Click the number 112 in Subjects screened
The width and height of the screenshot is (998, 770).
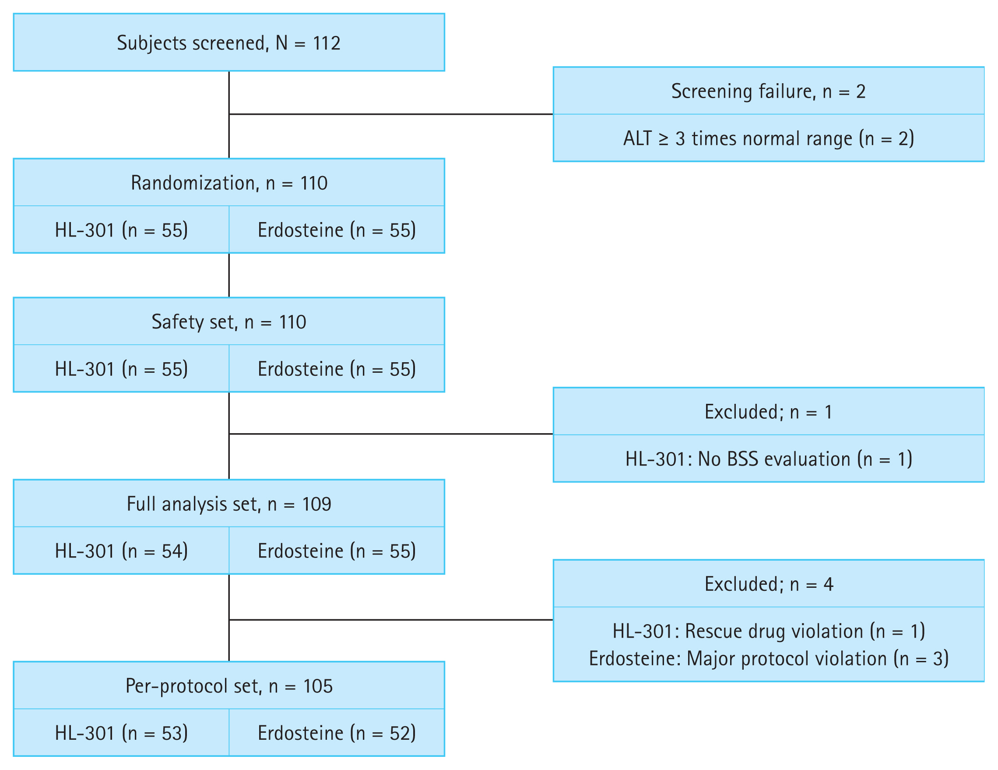pos(326,43)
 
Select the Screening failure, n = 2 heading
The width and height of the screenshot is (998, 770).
pos(768,92)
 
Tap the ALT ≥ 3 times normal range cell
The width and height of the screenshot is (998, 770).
pos(768,138)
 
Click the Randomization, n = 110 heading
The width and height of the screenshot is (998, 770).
pos(229,183)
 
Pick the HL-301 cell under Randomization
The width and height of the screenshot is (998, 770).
pos(121,230)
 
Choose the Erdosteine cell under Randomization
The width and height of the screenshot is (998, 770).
pos(337,230)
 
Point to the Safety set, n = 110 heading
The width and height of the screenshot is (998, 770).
pos(229,322)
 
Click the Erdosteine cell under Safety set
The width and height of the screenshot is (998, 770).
pos(337,369)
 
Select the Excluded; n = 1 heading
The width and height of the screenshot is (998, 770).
pos(768,412)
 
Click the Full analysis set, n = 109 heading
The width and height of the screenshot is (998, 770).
pos(229,504)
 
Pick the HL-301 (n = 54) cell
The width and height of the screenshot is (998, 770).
pos(121,551)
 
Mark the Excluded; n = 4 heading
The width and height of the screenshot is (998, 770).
pos(768,584)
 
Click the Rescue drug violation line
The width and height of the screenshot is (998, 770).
pos(768,632)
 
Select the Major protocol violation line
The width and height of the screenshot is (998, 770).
pos(768,659)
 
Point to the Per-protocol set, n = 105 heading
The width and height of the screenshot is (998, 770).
pos(229,686)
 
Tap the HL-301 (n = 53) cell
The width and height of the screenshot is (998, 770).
pos(121,733)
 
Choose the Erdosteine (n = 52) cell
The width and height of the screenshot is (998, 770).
pos(337,733)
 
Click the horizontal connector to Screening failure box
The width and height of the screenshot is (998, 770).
pos(391,114)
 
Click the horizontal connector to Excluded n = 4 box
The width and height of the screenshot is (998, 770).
pos(391,620)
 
